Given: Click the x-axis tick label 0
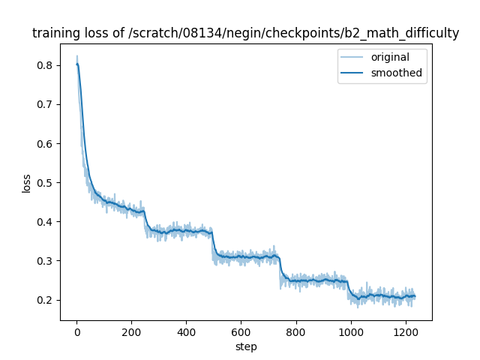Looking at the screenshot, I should [76, 332].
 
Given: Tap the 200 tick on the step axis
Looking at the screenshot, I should [131, 332].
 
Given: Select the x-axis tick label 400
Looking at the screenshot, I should [186, 332].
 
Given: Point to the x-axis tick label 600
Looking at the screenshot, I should [241, 332].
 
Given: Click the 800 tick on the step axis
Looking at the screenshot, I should [295, 332].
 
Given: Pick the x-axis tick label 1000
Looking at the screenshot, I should [350, 332].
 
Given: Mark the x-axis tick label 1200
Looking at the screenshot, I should [405, 332].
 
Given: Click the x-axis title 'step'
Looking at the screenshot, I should [246, 346].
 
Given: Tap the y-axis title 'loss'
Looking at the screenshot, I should [26, 182].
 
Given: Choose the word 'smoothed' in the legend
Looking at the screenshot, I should [397, 73].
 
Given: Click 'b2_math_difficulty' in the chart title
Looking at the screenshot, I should [399, 33].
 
